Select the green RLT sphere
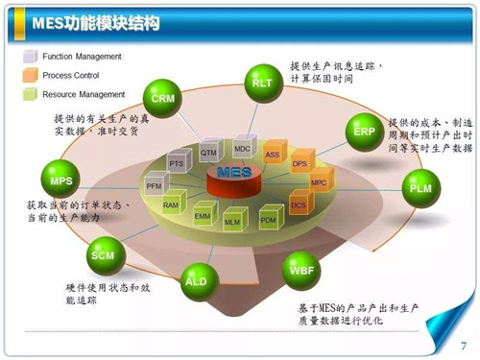pos(262,84)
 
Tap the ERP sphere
pos(364,132)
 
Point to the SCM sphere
pos(102,255)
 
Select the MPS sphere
pos(61,180)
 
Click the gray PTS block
pos(177,164)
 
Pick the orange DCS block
pos(299,204)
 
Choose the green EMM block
pos(203,217)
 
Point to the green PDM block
pos(268,221)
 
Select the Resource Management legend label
pos(84,94)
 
